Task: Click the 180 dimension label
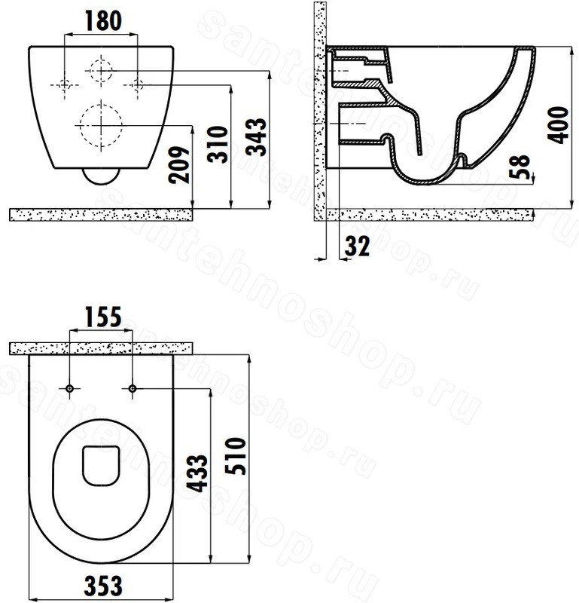point(103,21)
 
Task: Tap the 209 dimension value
point(179,164)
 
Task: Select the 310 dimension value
point(218,144)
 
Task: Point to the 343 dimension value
point(256,137)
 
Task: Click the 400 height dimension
point(558,125)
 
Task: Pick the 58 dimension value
point(519,167)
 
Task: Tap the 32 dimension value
point(357,246)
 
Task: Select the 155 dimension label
point(103,317)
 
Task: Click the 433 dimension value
point(197,473)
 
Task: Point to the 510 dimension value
point(235,456)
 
